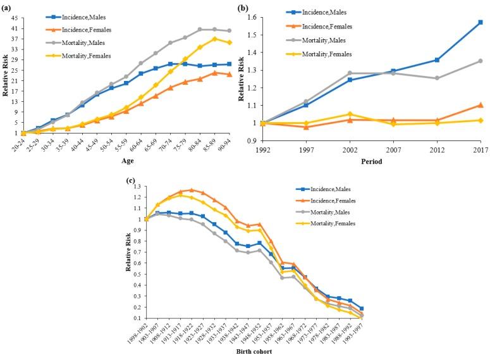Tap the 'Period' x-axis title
(372, 161)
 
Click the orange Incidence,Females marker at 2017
(480, 105)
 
